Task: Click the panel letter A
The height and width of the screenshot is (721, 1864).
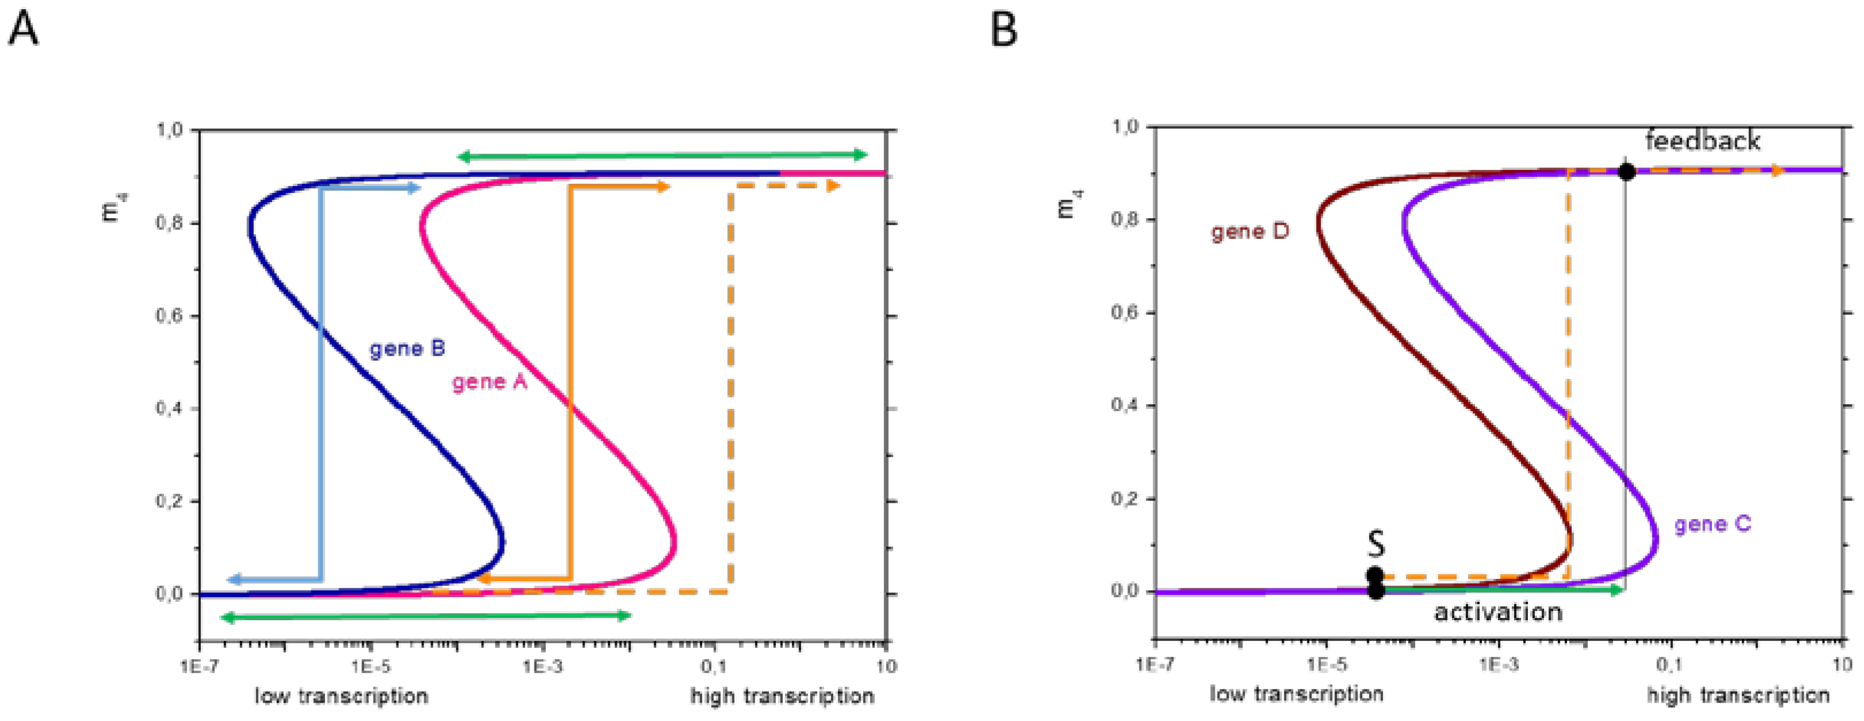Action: tap(23, 31)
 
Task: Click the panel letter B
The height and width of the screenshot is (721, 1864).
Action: tap(1004, 31)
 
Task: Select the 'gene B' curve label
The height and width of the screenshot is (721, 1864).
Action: tap(407, 349)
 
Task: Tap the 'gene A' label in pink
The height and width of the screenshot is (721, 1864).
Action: tap(490, 381)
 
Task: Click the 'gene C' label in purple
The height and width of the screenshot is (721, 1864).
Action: tap(1713, 523)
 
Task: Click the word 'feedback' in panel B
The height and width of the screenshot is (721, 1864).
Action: tap(1703, 141)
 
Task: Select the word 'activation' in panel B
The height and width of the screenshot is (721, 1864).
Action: tap(1498, 612)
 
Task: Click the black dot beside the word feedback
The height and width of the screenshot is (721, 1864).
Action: tap(1626, 172)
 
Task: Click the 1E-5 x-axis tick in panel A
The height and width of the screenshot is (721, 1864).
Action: tap(371, 666)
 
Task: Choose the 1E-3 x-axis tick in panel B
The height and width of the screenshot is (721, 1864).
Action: tap(1498, 664)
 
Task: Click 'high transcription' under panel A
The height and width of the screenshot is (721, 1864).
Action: tap(782, 696)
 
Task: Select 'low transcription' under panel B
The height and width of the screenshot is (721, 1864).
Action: tap(1297, 694)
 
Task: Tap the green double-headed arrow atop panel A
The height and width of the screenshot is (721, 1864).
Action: tap(662, 155)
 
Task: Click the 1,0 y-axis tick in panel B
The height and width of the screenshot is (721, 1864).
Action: tap(1125, 127)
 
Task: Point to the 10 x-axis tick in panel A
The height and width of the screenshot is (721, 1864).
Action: tap(886, 666)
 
